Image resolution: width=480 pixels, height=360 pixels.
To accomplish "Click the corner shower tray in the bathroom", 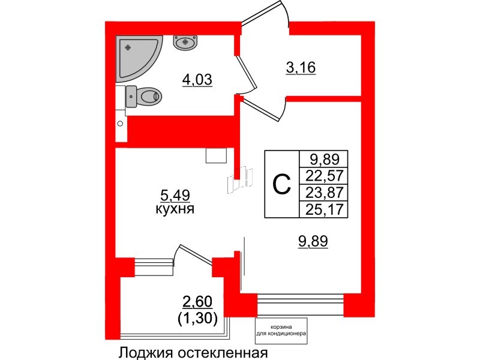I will click(135, 57).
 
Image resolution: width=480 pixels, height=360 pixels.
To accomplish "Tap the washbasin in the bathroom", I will click(185, 41).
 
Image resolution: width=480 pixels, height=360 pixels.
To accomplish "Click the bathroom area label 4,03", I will click(198, 79).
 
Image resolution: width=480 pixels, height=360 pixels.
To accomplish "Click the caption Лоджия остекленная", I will click(192, 352).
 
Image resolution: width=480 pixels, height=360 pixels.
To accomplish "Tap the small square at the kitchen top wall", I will click(216, 155).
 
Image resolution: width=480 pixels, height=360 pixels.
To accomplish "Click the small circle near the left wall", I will click(120, 124).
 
